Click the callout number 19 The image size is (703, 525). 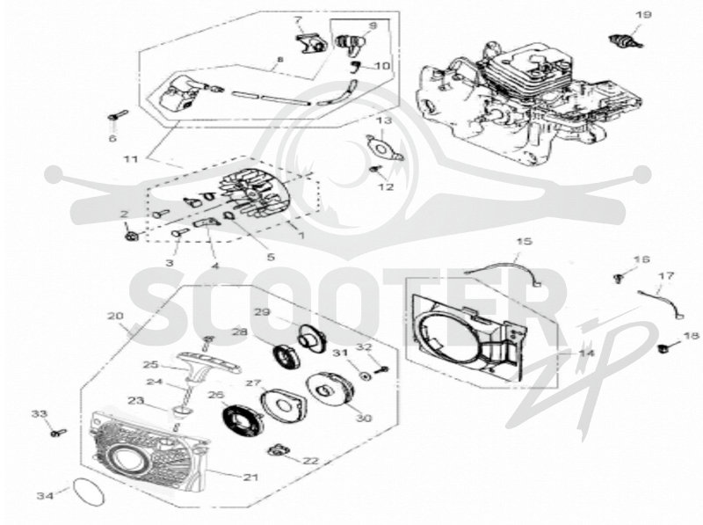click(x=643, y=15)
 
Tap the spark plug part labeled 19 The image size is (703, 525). click(x=627, y=40)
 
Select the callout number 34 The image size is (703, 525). click(x=46, y=495)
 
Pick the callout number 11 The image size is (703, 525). click(x=131, y=159)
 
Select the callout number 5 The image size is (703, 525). click(x=271, y=257)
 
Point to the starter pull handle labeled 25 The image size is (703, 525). click(x=208, y=362)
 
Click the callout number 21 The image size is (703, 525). click(x=251, y=477)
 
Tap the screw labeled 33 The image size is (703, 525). click(x=58, y=433)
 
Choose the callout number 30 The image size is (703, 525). click(x=364, y=418)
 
